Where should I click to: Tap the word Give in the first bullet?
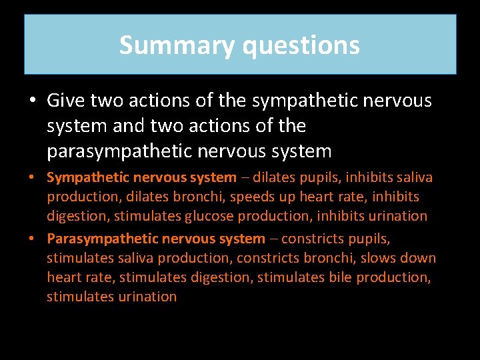pyautogui.click(x=65, y=101)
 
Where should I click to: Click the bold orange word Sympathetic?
pyautogui.click(x=88, y=177)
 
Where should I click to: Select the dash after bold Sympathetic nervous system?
pyautogui.click(x=246, y=177)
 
